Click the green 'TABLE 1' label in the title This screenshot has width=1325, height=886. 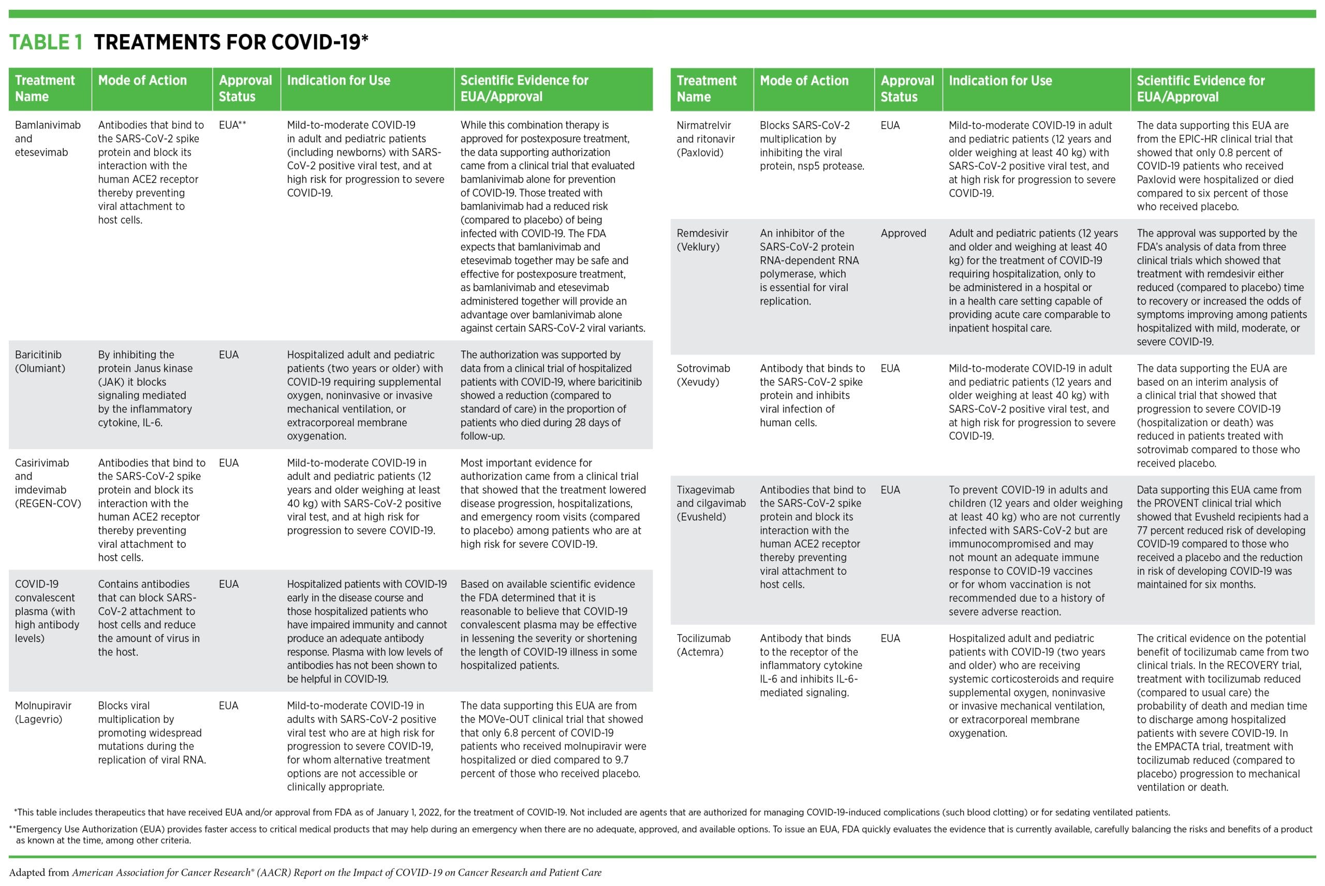coord(46,42)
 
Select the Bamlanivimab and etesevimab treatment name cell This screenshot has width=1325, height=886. coord(48,138)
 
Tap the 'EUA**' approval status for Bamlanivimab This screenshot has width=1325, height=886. coord(232,125)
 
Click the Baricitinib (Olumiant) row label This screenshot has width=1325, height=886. coord(40,361)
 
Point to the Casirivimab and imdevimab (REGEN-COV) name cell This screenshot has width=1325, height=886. coord(48,483)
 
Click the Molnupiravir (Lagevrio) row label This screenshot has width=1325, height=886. coord(43,712)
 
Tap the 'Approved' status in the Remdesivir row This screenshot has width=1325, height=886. coord(903,234)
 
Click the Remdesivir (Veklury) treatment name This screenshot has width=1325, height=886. coord(702,240)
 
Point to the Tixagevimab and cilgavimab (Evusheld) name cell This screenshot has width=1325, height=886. coord(711,503)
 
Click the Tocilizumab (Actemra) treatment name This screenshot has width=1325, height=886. coord(703,645)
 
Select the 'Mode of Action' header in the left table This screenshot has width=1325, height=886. coord(142,81)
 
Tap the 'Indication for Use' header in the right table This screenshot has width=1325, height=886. coord(999,81)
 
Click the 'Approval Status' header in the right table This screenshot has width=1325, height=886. coord(907,89)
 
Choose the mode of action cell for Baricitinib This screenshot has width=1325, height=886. coord(145,389)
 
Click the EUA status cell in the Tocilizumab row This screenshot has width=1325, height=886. coord(890,638)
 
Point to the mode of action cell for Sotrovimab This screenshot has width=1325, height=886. coord(812,396)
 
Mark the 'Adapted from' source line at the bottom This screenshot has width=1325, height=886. coord(305,873)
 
